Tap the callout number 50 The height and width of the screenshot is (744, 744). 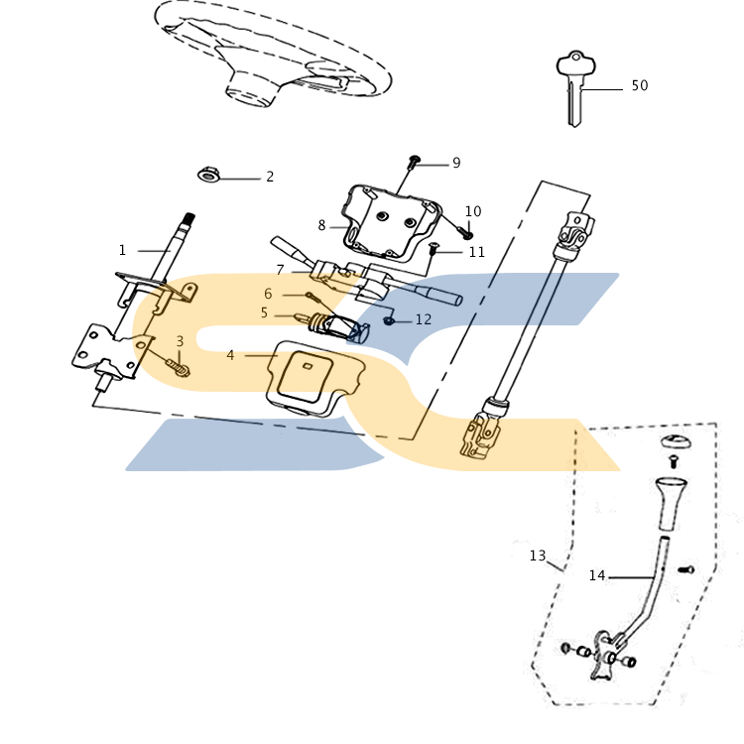click(639, 86)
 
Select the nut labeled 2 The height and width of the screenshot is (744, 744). click(208, 176)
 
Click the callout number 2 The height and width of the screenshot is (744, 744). click(269, 178)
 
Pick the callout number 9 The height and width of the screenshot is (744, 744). click(456, 163)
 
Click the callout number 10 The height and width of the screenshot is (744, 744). click(472, 212)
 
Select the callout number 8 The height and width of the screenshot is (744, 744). click(321, 226)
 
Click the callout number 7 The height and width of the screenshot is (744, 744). click(280, 270)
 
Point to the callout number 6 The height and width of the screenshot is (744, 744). click(268, 294)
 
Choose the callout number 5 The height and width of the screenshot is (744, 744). click(264, 312)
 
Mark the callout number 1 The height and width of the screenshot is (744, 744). click(122, 250)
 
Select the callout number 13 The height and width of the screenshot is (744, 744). click(537, 557)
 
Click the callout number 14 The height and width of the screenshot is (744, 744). click(596, 575)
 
